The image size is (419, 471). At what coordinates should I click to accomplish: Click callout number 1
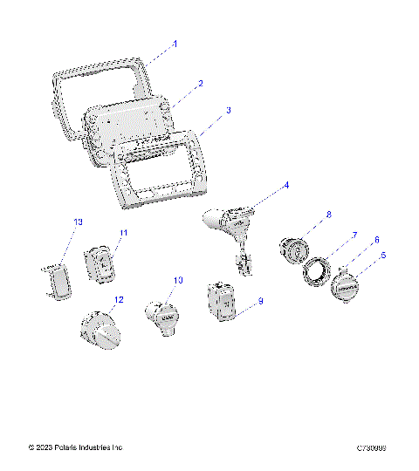(x=175, y=43)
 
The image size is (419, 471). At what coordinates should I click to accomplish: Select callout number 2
(x=200, y=84)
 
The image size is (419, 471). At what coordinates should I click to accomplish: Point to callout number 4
(x=285, y=186)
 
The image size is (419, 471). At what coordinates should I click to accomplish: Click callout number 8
(x=304, y=214)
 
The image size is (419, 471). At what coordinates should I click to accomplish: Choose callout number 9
(x=259, y=301)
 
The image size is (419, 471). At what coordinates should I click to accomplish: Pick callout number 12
(x=119, y=299)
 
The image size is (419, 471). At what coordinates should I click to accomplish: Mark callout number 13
(x=78, y=223)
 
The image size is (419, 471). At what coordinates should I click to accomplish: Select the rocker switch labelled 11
(x=101, y=263)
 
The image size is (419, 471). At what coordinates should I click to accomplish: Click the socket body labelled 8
(x=292, y=251)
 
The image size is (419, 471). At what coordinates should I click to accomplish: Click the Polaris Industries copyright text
(x=76, y=447)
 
